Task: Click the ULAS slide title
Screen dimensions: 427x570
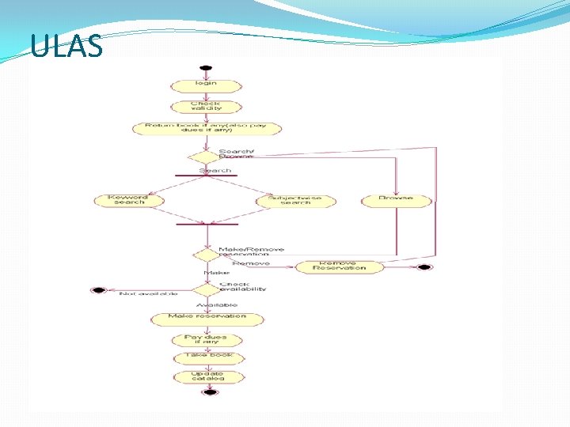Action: [x=67, y=47]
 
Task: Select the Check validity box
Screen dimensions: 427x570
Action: [x=206, y=106]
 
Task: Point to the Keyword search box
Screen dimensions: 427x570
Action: [x=130, y=200]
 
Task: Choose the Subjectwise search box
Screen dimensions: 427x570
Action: [x=296, y=201]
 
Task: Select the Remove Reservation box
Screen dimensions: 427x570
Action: [x=340, y=266]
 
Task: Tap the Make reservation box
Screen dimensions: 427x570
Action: [x=207, y=318]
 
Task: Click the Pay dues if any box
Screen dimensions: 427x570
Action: [x=206, y=339]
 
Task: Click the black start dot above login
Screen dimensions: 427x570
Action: [x=206, y=67]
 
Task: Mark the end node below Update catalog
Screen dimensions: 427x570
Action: [x=209, y=392]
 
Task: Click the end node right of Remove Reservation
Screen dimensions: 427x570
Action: [x=424, y=267]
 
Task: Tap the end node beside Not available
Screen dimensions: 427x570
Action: [x=98, y=290]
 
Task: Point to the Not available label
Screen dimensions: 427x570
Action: [x=142, y=294]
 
